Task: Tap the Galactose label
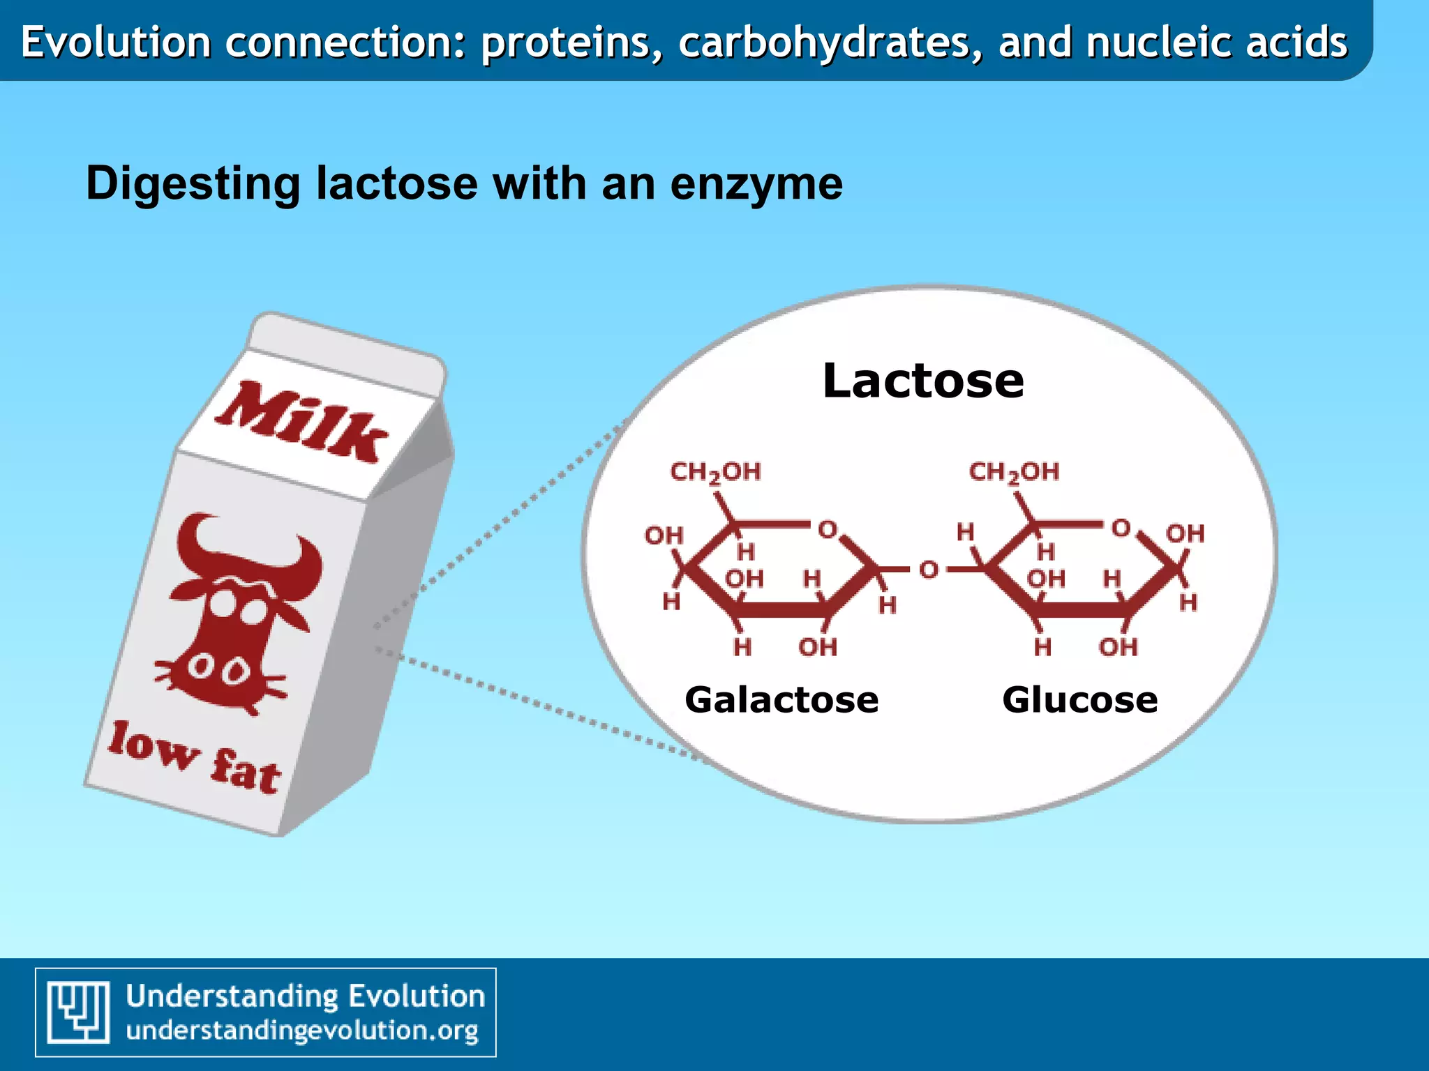pyautogui.click(x=781, y=699)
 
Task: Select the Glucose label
pyautogui.click(x=1079, y=699)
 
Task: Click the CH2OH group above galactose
pyautogui.click(x=715, y=473)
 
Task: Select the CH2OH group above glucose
pyautogui.click(x=1014, y=473)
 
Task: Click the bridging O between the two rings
pyautogui.click(x=929, y=570)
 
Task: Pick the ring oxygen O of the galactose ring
pyautogui.click(x=828, y=530)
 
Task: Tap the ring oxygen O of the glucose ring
pyautogui.click(x=1121, y=529)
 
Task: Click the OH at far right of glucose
pyautogui.click(x=1185, y=534)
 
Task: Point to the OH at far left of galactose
pyautogui.click(x=664, y=535)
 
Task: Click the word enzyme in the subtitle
pyautogui.click(x=756, y=184)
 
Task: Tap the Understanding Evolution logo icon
pyautogui.click(x=78, y=1012)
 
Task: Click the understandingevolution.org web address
pyautogui.click(x=302, y=1031)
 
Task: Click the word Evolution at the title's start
pyautogui.click(x=116, y=42)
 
